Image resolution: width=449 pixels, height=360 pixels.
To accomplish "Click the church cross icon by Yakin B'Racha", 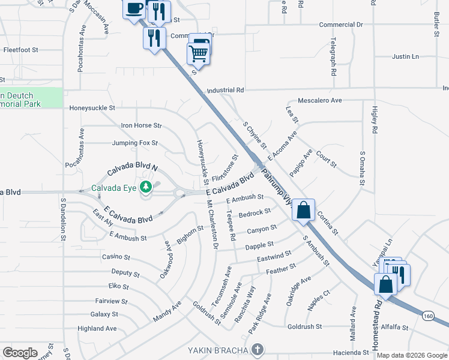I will (x=257, y=349).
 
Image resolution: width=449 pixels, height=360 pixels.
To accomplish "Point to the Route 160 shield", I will (x=428, y=316).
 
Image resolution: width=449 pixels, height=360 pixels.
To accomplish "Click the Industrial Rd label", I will (x=225, y=90).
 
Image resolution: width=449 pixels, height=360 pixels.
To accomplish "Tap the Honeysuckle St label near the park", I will (x=92, y=107).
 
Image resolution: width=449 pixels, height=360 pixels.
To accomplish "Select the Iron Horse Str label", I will (x=142, y=126).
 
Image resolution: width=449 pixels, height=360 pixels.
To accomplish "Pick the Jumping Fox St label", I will (x=134, y=143).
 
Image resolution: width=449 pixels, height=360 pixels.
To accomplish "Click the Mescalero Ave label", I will (x=319, y=100).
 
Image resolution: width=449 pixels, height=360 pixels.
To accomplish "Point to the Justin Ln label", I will (x=405, y=57).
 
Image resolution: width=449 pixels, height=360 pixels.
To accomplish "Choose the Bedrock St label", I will (x=255, y=212).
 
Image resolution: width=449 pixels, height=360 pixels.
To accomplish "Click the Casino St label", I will (x=116, y=257).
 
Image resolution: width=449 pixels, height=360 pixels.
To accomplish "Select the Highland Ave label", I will (x=97, y=329).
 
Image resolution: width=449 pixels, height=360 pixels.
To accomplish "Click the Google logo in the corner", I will (x=20, y=352).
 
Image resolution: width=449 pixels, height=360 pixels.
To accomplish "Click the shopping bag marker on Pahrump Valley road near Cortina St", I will (x=304, y=210).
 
